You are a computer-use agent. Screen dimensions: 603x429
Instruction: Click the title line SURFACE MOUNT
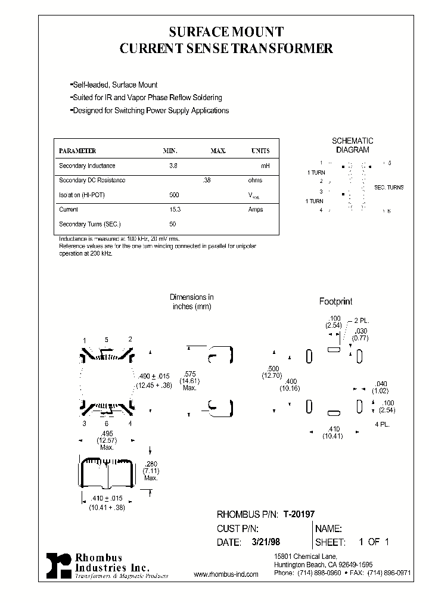click(226, 32)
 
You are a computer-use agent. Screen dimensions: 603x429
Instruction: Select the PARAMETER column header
click(77, 151)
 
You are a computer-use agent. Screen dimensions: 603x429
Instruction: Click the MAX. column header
click(218, 151)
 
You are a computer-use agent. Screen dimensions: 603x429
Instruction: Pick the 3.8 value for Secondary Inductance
click(173, 166)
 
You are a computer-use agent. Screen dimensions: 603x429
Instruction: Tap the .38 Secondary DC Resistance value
click(207, 180)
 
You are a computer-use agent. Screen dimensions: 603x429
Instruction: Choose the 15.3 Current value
click(175, 209)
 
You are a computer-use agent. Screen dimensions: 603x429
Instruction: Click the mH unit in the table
click(265, 166)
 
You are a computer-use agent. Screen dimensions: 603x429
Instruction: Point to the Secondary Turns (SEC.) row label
click(89, 224)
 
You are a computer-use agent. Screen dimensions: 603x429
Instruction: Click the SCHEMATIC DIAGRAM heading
click(352, 145)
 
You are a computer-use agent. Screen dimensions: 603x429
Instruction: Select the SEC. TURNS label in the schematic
click(388, 187)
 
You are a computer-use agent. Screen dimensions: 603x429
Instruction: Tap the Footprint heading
click(335, 301)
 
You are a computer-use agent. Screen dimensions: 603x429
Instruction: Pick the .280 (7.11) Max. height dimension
click(151, 470)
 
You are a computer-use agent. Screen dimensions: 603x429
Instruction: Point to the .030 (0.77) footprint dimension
click(360, 334)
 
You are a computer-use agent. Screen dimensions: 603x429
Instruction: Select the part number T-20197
click(299, 514)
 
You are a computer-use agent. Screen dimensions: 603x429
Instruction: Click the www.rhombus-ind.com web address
click(226, 574)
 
